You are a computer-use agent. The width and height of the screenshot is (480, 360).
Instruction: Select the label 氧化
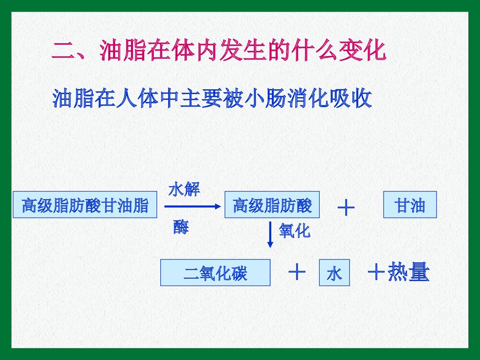pos(294,232)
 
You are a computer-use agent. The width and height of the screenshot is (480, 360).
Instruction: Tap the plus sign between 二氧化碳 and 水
pos(297,272)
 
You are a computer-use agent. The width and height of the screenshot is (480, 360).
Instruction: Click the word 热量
pos(408,273)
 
